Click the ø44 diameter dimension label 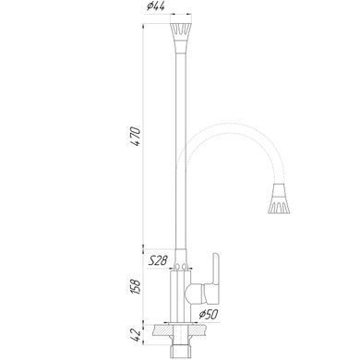(x=156, y=6)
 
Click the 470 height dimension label (x=136, y=136)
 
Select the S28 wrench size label (x=158, y=261)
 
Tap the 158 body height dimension (x=136, y=286)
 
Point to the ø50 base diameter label (x=209, y=314)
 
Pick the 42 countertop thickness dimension (x=136, y=335)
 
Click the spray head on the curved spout (x=280, y=198)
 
